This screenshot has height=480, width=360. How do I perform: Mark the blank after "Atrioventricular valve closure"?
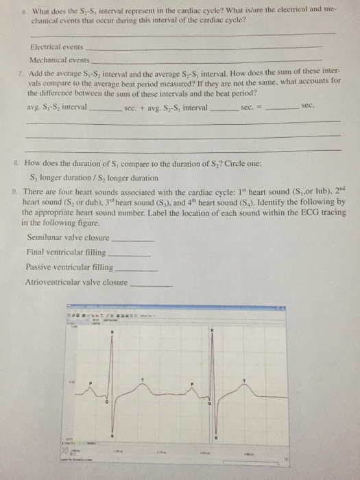coord(151,284)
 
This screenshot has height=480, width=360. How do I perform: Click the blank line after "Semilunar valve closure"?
coord(132,241)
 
